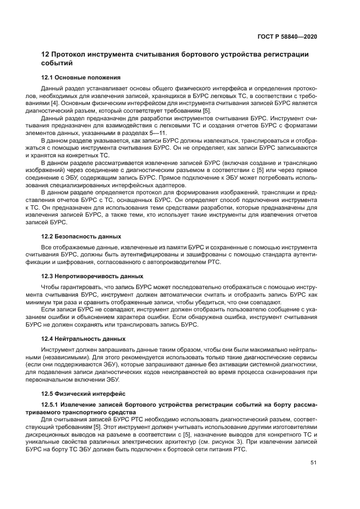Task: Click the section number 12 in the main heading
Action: tap(46, 54)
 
